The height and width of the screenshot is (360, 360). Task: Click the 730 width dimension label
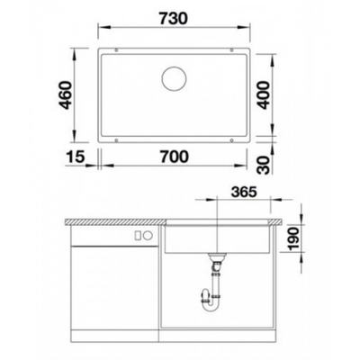[174, 18]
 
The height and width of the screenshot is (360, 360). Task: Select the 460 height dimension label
[66, 94]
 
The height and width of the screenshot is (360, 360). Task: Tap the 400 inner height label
[264, 95]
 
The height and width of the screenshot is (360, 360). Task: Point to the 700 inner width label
[175, 157]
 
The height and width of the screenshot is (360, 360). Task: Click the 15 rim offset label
[76, 157]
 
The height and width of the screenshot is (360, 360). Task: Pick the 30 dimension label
[264, 165]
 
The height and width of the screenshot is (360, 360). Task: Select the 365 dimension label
[244, 192]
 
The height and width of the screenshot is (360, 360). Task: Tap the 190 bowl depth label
[293, 238]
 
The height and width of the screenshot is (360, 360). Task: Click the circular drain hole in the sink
[174, 78]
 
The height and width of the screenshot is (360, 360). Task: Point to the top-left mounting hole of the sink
[116, 50]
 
